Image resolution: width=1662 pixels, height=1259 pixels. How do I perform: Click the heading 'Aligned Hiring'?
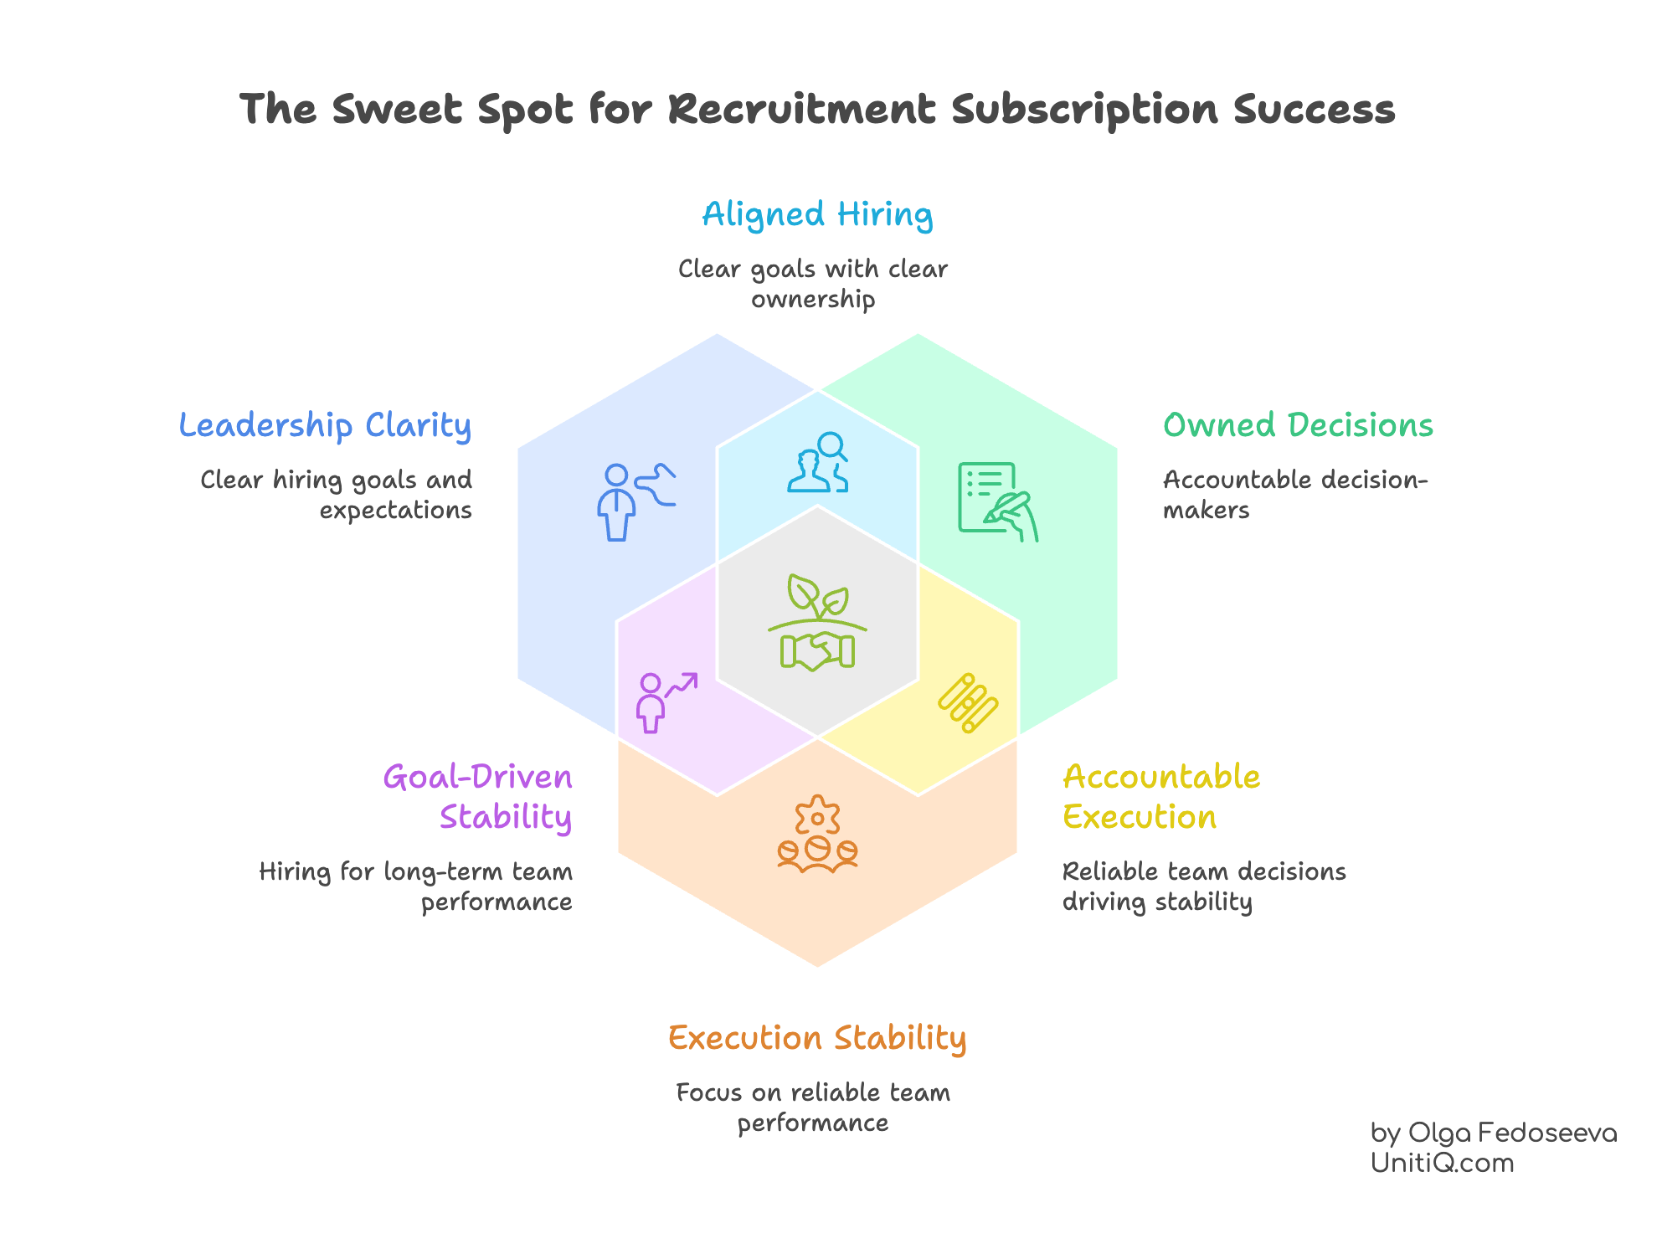pyautogui.click(x=817, y=215)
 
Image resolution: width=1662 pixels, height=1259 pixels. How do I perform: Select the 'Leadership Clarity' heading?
pyautogui.click(x=325, y=426)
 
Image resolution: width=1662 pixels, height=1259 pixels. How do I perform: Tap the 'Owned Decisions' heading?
pyautogui.click(x=1298, y=425)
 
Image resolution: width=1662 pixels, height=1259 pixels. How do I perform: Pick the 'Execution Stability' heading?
pyautogui.click(x=817, y=1038)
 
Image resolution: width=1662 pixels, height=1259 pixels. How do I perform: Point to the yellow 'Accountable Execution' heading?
pyautogui.click(x=1160, y=797)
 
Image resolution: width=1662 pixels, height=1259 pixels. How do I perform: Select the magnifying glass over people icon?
pyautogui.click(x=818, y=462)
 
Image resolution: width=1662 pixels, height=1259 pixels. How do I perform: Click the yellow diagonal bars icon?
pyautogui.click(x=968, y=702)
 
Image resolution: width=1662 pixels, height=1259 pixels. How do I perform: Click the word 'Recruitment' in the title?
pyautogui.click(x=801, y=110)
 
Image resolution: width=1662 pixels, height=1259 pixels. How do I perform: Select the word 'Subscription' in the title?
pyautogui.click(x=1084, y=110)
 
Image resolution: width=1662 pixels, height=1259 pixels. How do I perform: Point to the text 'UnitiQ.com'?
pyautogui.click(x=1442, y=1163)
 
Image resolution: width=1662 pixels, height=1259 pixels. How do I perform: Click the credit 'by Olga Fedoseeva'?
pyautogui.click(x=1493, y=1133)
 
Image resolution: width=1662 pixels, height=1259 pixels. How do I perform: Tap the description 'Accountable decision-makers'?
pyautogui.click(x=1294, y=494)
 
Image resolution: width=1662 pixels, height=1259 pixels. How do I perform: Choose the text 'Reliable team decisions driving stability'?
pyautogui.click(x=1203, y=886)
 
